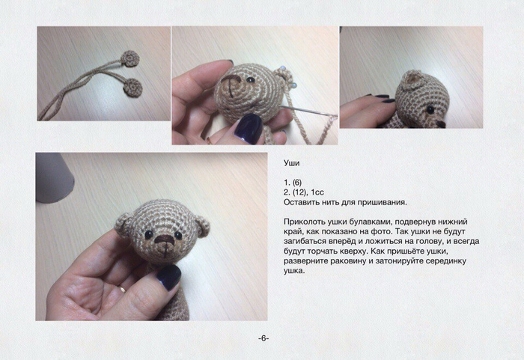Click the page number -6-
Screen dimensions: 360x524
[x=263, y=338]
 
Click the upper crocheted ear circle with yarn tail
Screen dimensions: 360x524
[x=132, y=58]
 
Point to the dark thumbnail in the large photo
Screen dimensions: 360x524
[x=169, y=277]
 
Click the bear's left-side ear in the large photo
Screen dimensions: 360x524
[x=124, y=223]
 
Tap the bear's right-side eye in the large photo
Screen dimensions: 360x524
[x=178, y=236]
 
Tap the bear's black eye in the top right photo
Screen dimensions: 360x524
[x=430, y=109]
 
